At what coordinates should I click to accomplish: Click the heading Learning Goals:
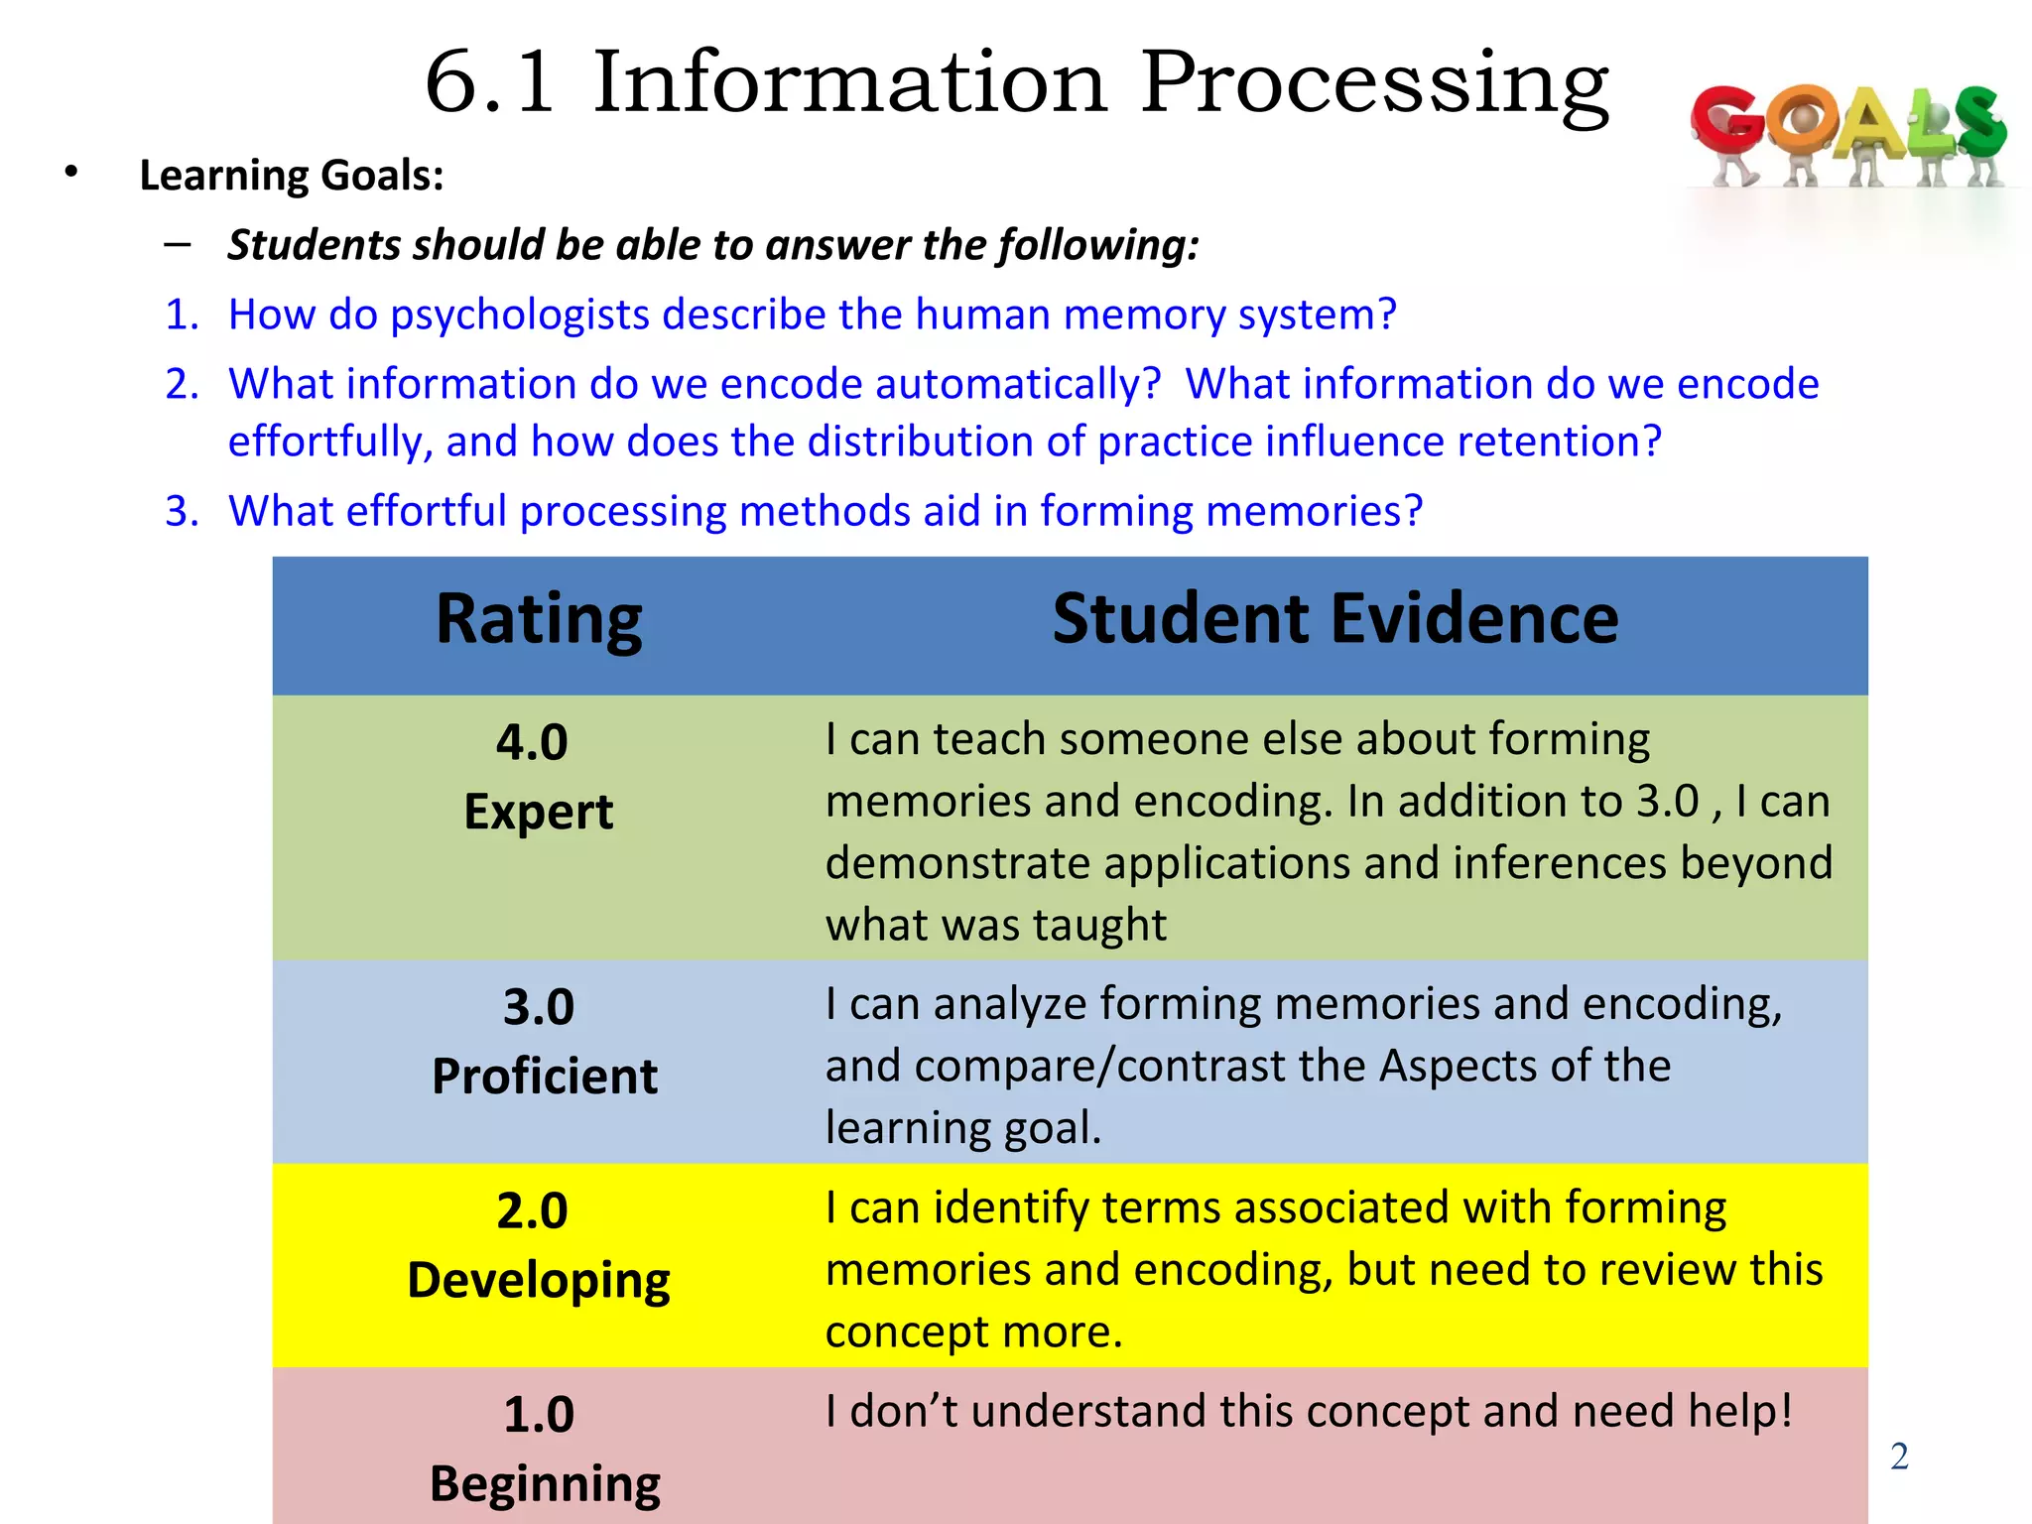click(292, 176)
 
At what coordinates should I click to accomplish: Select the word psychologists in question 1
click(519, 316)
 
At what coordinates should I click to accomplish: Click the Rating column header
click(539, 620)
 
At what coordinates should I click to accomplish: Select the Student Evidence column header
click(1334, 620)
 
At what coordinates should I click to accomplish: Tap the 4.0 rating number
click(532, 742)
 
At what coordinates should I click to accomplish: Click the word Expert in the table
click(539, 813)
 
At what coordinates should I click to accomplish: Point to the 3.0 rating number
click(539, 1007)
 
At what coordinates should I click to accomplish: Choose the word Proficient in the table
click(545, 1077)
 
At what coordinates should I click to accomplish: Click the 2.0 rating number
click(532, 1210)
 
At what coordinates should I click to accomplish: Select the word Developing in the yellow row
click(539, 1281)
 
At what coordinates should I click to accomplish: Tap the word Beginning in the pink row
click(545, 1485)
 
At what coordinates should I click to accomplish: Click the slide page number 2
click(1899, 1457)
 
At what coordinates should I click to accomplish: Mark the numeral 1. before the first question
click(183, 316)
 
